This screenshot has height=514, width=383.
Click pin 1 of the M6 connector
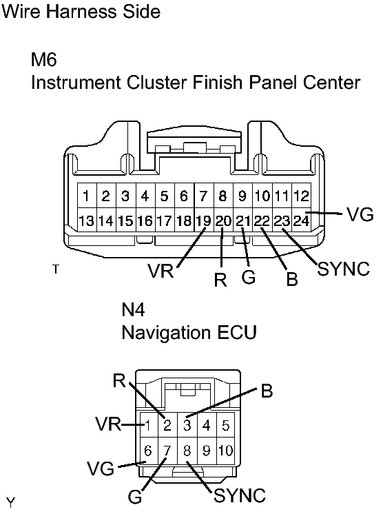pyautogui.click(x=87, y=196)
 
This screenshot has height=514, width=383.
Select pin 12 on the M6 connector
pyautogui.click(x=302, y=196)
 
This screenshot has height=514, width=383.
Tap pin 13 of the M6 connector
pyautogui.click(x=87, y=220)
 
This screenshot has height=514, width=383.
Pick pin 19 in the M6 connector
pyautogui.click(x=204, y=220)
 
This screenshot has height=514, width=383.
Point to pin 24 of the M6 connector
pyautogui.click(x=302, y=220)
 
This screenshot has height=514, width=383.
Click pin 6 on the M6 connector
pyautogui.click(x=184, y=196)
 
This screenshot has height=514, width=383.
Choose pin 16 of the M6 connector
pyautogui.click(x=145, y=220)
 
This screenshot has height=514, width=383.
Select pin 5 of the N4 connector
pyautogui.click(x=225, y=425)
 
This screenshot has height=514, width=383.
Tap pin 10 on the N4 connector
pyautogui.click(x=225, y=450)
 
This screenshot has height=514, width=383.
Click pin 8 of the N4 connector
pyautogui.click(x=187, y=450)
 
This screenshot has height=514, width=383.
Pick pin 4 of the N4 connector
pyautogui.click(x=207, y=425)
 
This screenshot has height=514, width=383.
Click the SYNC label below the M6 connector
pyautogui.click(x=344, y=269)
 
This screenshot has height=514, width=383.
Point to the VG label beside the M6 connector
pyautogui.click(x=360, y=215)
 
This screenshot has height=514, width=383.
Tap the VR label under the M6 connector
pyautogui.click(x=161, y=271)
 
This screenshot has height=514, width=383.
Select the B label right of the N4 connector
pyautogui.click(x=267, y=391)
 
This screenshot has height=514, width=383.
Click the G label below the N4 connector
pyautogui.click(x=135, y=497)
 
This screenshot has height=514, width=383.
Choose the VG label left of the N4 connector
pyautogui.click(x=101, y=468)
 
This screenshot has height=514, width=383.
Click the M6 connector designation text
pyautogui.click(x=44, y=59)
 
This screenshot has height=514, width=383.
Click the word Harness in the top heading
pyautogui.click(x=81, y=12)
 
